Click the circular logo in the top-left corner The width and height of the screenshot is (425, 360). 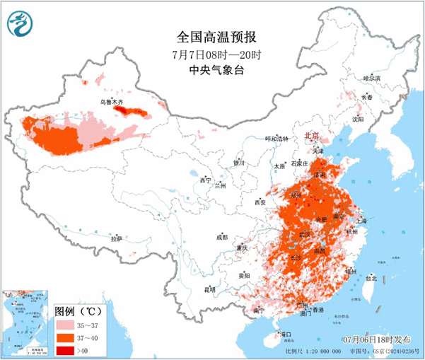21,26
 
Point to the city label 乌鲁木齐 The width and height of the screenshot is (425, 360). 111,103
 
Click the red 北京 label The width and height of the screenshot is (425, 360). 312,134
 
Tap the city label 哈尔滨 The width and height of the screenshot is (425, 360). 372,78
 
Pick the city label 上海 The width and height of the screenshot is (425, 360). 362,220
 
